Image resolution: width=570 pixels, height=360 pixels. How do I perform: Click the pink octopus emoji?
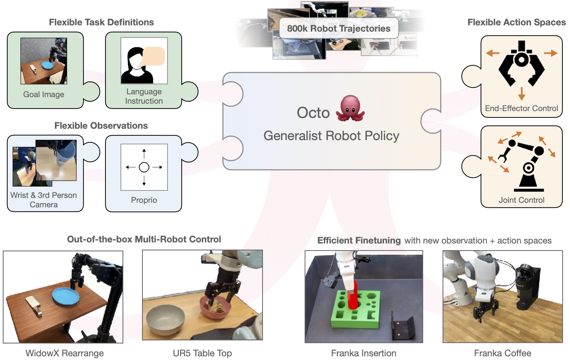point(350,109)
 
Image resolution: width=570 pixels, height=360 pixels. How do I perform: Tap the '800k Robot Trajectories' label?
point(339,28)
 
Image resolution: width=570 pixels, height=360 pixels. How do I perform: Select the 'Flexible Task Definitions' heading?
point(101,22)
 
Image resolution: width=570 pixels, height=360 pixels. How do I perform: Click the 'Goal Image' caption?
point(44,94)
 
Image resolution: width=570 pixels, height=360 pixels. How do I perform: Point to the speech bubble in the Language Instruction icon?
point(154,56)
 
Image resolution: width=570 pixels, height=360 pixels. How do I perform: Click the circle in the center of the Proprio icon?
point(144,167)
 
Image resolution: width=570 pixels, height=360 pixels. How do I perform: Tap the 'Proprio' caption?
point(144,200)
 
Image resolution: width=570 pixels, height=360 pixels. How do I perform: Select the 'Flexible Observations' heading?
point(101,126)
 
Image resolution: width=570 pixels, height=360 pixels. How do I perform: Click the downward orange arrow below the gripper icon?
point(521,94)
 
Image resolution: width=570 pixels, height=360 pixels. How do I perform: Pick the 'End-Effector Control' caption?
point(521,108)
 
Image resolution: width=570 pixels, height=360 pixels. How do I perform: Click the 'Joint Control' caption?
point(521,200)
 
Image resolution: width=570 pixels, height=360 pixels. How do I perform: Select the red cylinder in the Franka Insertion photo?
point(353,296)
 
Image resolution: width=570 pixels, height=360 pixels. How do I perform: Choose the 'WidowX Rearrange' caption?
point(65,353)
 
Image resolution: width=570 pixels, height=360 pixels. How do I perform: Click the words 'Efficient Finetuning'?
point(359,240)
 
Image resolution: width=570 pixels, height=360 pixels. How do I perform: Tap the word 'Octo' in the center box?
point(313,113)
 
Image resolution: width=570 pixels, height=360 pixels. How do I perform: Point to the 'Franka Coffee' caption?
point(503,353)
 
